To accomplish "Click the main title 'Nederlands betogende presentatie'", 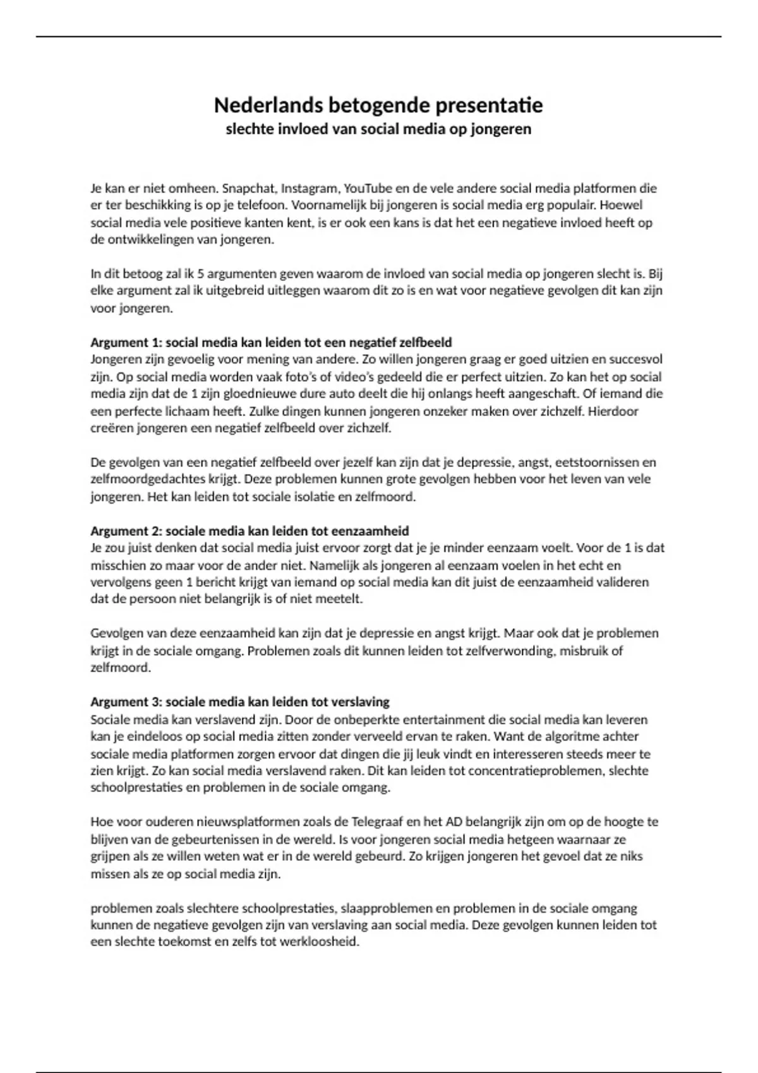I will (378, 105).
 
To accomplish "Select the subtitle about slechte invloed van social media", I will (378, 129).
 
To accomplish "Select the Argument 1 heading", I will (271, 343).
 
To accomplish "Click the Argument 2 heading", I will (250, 531).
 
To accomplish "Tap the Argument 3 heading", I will (240, 702).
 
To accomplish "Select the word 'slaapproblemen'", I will (383, 908).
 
